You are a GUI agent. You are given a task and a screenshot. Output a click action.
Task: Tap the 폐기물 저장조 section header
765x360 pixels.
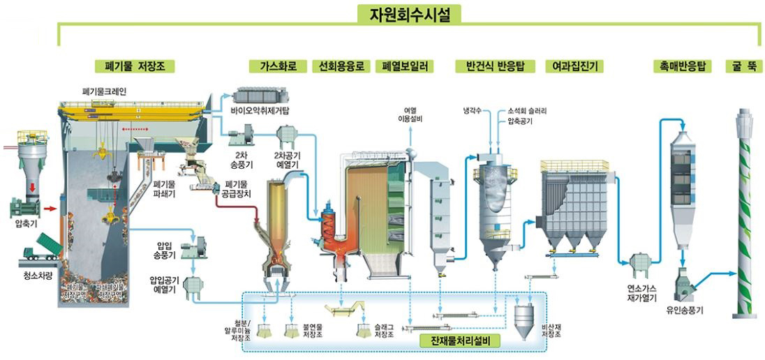[x=134, y=66]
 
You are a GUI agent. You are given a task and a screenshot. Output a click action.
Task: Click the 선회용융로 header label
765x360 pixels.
[x=341, y=66]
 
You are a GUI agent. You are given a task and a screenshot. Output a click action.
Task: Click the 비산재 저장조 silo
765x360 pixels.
[x=523, y=322]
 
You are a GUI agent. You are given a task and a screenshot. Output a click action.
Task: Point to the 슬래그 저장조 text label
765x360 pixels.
[x=383, y=331]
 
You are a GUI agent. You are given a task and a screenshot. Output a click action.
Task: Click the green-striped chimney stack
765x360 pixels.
[x=744, y=216]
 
